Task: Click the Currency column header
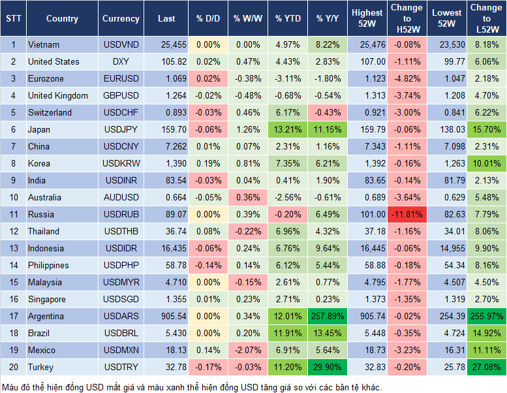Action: [x=121, y=19]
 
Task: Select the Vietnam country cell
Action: [x=44, y=44]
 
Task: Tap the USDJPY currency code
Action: [x=121, y=129]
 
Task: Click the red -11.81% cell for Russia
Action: [x=407, y=214]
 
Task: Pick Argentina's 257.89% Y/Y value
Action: [x=329, y=316]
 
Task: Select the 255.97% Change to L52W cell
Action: [x=486, y=316]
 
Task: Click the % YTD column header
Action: [x=288, y=19]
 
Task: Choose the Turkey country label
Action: [x=40, y=367]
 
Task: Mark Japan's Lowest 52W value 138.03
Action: [x=448, y=129]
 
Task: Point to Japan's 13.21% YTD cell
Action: [x=288, y=129]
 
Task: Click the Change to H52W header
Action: [x=407, y=19]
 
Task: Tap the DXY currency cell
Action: [x=121, y=61]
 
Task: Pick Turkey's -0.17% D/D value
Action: [x=208, y=367]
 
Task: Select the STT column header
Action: [x=13, y=19]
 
